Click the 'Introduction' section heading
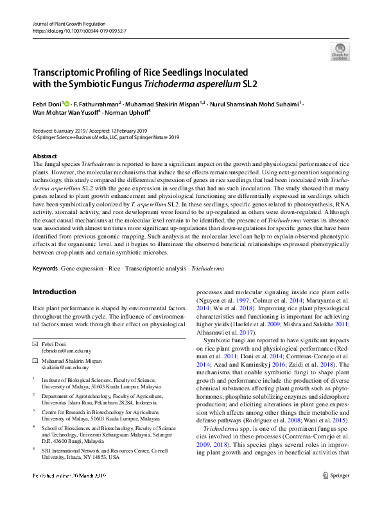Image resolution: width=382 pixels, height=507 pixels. point(54,292)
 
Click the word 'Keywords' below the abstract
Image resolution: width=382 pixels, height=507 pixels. point(46,267)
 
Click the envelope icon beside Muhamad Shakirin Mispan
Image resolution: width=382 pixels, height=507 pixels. point(35,361)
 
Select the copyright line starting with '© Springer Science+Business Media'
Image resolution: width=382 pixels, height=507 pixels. point(106,137)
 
